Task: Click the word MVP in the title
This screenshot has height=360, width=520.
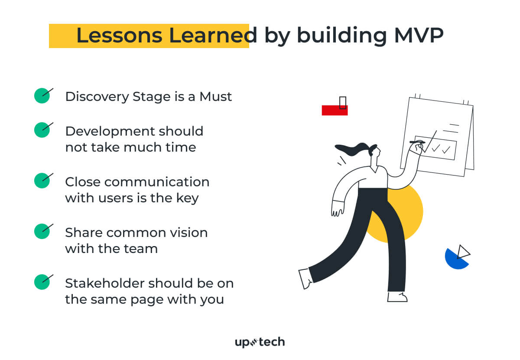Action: (419, 35)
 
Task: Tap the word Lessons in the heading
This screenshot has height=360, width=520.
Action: (119, 35)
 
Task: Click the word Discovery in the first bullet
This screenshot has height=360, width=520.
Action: (97, 97)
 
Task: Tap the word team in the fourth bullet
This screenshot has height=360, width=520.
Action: (141, 249)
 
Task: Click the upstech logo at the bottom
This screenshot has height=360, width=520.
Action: (260, 342)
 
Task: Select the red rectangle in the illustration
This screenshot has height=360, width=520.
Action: (335, 110)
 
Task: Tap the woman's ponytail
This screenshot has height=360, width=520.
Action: (351, 150)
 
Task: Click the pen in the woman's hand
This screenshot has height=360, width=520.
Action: (417, 142)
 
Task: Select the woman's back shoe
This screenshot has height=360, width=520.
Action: (306, 278)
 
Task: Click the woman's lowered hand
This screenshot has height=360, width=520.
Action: (337, 209)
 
